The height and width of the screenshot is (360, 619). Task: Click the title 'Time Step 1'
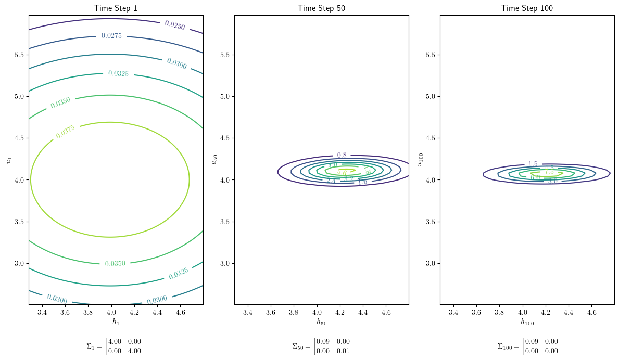[116, 8]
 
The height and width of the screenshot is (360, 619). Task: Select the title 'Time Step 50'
[321, 8]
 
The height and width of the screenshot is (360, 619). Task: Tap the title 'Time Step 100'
[527, 8]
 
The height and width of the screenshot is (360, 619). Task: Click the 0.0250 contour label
[174, 25]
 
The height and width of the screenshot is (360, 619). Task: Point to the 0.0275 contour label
[111, 36]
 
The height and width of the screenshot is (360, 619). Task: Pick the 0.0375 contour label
[65, 132]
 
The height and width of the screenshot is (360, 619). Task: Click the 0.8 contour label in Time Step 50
[342, 155]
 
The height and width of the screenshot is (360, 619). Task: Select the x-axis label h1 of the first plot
[116, 322]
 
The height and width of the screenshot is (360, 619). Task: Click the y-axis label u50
[214, 159]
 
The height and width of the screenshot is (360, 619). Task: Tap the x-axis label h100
[527, 322]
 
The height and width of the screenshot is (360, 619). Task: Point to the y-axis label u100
[420, 159]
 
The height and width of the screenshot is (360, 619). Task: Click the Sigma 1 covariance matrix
[115, 346]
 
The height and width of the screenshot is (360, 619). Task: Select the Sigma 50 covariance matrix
[322, 346]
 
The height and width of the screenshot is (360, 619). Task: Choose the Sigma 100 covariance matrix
[528, 346]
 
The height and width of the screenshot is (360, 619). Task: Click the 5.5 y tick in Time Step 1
[19, 55]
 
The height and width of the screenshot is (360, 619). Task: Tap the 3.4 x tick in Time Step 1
[42, 312]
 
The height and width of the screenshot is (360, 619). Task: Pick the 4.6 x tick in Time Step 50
[386, 312]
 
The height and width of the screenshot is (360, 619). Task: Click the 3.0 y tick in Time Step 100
[430, 264]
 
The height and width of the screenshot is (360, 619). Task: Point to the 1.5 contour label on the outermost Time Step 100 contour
[533, 164]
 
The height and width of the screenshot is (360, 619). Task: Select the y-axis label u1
[8, 159]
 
